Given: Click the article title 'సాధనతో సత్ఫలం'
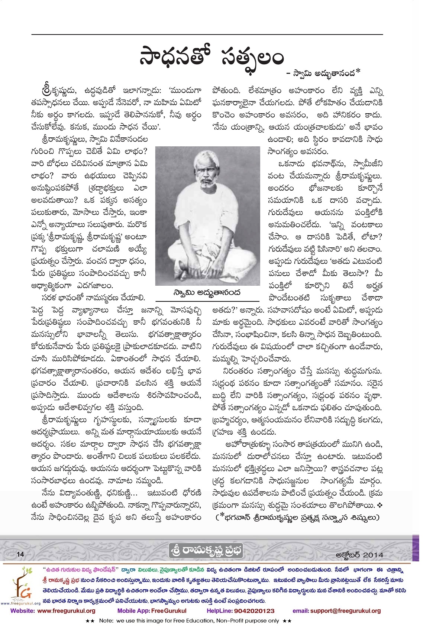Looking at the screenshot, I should [212, 58].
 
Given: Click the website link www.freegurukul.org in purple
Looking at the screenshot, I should [67, 610].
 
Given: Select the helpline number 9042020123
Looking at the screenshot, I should [254, 610].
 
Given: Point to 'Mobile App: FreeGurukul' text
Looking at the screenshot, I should [152, 610].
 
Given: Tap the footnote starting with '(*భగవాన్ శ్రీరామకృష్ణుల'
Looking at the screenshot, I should [297, 517].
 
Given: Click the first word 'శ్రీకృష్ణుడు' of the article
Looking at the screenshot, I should [55, 90].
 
